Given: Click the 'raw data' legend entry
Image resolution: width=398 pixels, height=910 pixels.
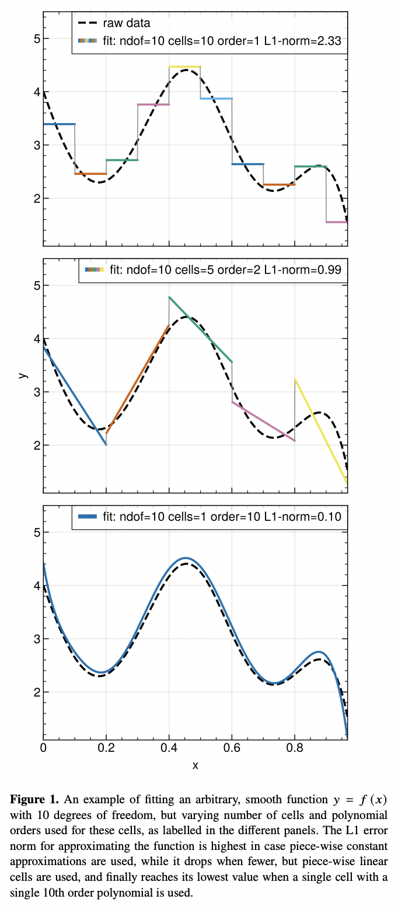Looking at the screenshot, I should pos(126,23).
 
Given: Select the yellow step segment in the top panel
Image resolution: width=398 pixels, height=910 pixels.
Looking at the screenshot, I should pos(184,66).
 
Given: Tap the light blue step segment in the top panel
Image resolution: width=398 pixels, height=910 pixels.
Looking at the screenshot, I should pos(216,99).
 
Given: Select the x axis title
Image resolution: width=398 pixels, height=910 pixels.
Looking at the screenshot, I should pos(195,765).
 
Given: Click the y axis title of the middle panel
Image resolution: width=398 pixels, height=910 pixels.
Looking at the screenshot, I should pos(23,375).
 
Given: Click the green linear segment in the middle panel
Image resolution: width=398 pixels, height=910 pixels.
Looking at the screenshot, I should pos(200,330).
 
